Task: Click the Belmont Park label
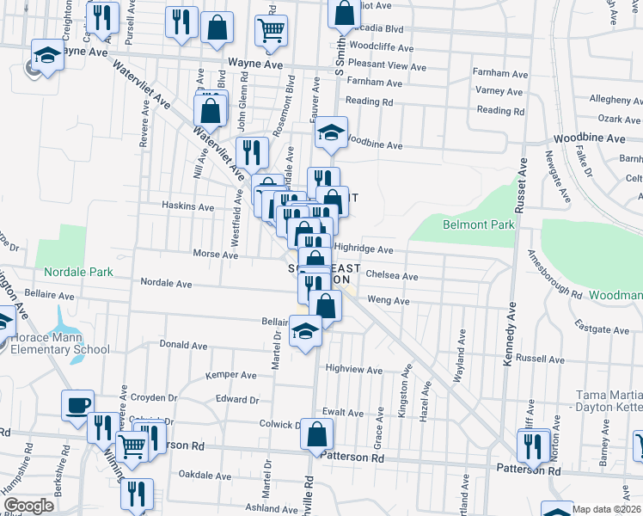tap(478, 225)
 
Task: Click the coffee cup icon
tap(77, 403)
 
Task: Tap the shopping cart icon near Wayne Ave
tap(271, 30)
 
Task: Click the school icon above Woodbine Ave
tap(329, 132)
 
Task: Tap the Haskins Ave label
tap(188, 206)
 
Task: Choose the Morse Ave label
tap(215, 255)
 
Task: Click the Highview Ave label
tap(353, 370)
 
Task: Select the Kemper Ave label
tap(231, 376)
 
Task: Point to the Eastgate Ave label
tap(604, 329)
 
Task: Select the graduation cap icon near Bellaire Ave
tap(305, 330)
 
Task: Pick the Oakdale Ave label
tap(205, 475)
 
